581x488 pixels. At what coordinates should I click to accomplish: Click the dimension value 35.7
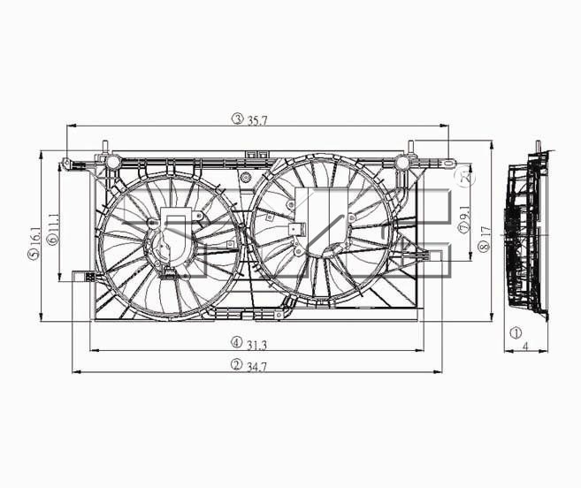tap(257, 120)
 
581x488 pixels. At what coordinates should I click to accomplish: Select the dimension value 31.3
tap(256, 346)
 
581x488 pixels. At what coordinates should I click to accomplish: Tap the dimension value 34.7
tap(256, 367)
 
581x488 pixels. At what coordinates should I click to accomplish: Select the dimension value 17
tap(485, 232)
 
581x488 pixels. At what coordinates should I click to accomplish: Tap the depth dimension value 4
tap(525, 347)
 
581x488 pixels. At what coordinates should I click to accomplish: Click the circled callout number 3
tap(237, 118)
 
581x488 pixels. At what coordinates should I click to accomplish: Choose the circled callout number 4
tap(237, 343)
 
